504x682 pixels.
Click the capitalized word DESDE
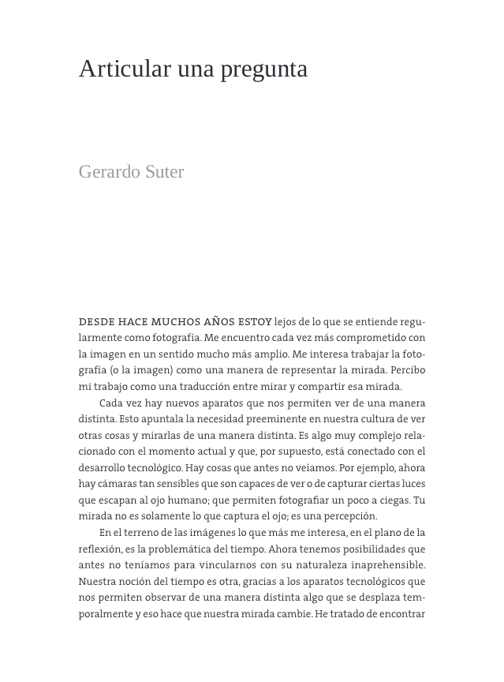(x=96, y=322)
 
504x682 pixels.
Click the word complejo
(x=377, y=435)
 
